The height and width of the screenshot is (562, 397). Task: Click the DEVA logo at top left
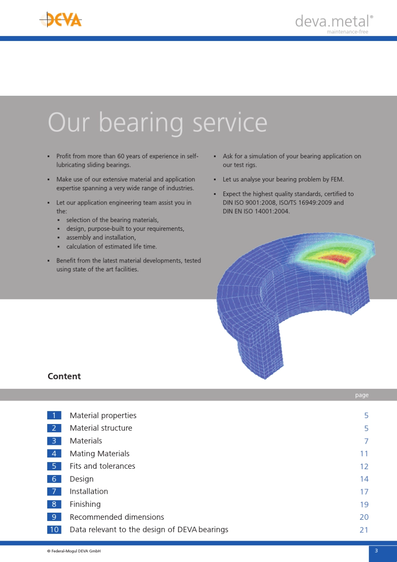[61, 20]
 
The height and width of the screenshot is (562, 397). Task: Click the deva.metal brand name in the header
[333, 21]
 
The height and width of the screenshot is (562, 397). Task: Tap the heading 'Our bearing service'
[157, 123]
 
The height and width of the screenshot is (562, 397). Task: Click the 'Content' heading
[64, 376]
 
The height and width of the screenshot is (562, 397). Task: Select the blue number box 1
[54, 415]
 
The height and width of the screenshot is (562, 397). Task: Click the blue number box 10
[54, 530]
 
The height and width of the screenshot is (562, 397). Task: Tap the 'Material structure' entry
[101, 428]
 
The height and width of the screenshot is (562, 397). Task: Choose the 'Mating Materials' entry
[99, 454]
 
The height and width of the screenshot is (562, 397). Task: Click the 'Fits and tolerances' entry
[102, 466]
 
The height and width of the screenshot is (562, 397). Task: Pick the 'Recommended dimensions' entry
[117, 517]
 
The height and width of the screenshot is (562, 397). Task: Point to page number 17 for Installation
[364, 492]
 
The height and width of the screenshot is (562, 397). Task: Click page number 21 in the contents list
[364, 530]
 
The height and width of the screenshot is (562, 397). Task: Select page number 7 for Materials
[366, 441]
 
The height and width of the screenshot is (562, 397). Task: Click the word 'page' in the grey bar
[361, 395]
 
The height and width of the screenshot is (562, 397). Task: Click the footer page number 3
[376, 551]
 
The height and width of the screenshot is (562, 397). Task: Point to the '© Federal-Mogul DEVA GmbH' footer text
[74, 551]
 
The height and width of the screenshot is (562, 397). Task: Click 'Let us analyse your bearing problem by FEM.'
[283, 179]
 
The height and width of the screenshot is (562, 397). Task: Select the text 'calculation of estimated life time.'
[112, 246]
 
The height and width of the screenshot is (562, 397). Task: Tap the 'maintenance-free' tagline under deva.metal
[347, 32]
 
